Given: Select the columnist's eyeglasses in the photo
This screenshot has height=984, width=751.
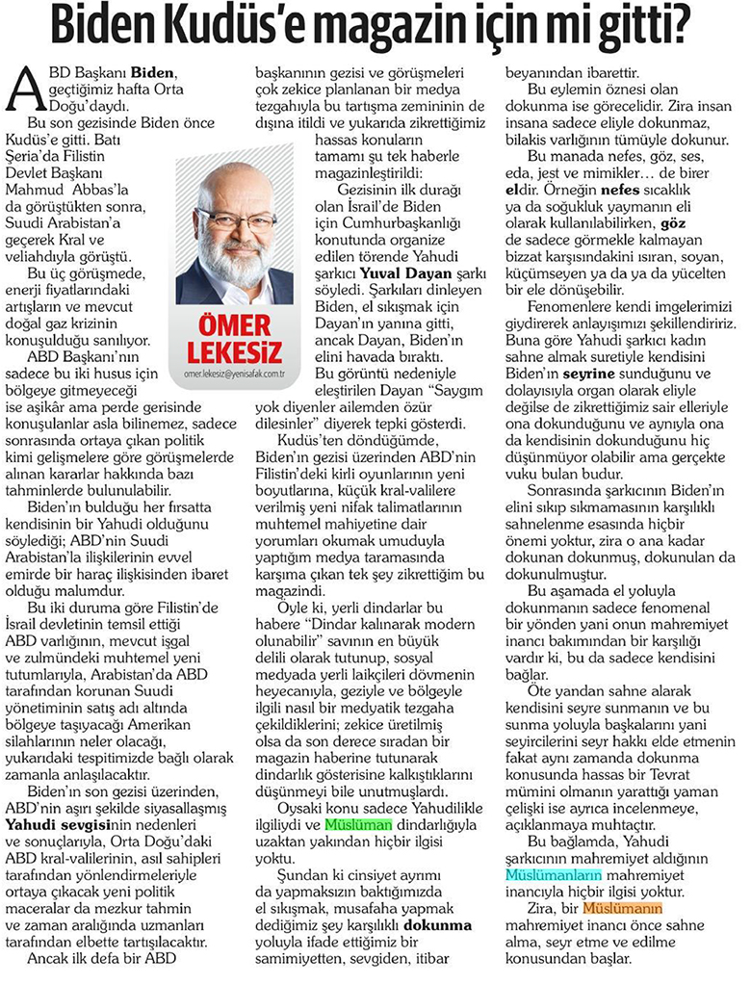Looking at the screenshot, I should point(236,220).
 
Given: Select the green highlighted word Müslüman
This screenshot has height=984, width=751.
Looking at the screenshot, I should point(358,825).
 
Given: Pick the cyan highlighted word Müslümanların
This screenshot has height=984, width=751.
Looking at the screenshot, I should point(554,874).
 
